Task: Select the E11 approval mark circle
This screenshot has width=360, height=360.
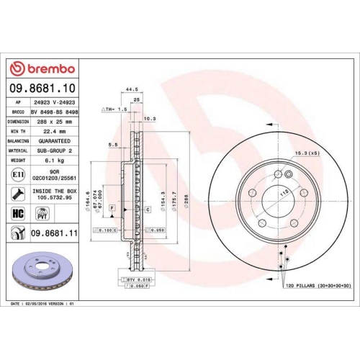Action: click(17, 174)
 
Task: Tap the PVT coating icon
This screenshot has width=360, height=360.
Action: click(42, 213)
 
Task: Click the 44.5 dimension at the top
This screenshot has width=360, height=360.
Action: click(131, 89)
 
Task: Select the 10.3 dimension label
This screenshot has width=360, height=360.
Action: click(150, 118)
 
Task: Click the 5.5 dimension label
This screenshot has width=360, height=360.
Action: click(113, 145)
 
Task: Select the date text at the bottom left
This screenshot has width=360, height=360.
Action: click(43, 304)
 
